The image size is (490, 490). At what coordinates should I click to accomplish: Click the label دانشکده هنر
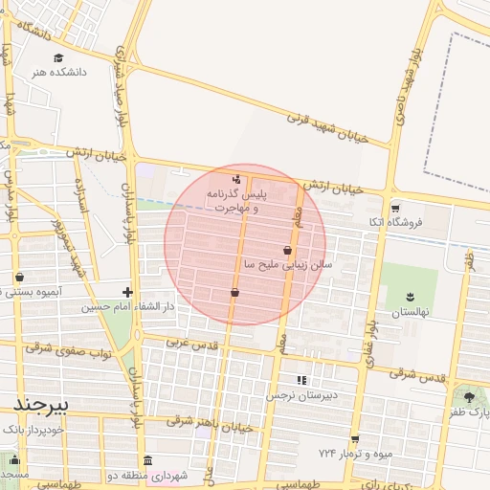58,72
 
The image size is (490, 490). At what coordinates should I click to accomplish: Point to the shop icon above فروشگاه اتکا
394,208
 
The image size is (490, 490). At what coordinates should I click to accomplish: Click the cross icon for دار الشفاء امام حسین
127,291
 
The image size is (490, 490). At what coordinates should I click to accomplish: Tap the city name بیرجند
38,405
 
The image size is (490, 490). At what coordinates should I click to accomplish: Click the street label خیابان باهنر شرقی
211,424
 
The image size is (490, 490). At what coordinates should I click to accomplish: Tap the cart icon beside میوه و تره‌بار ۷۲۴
355,439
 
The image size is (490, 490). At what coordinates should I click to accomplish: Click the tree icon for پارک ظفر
468,397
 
